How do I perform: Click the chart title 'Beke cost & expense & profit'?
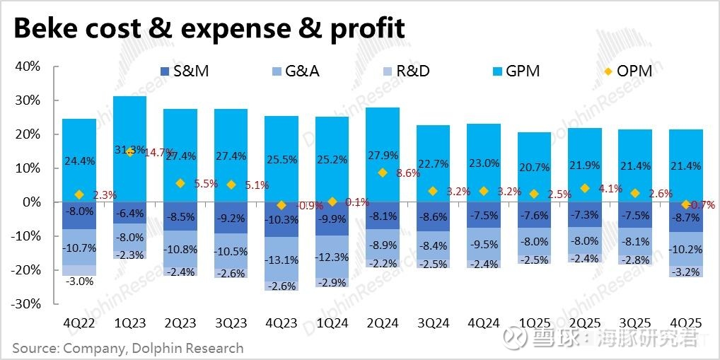[209, 29]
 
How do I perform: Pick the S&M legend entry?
[184, 71]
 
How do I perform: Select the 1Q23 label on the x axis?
[129, 323]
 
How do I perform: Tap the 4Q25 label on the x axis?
[685, 323]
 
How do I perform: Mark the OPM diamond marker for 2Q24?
[383, 173]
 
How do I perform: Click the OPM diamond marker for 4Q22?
[79, 194]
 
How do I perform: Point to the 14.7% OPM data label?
[159, 152]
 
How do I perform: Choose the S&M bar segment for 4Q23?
[281, 219]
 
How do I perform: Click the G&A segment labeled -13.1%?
[281, 260]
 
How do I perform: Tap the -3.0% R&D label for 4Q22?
[79, 281]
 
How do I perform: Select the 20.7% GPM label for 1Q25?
[534, 168]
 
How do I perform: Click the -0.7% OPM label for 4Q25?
[702, 204]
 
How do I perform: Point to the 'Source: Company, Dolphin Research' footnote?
[127, 349]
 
